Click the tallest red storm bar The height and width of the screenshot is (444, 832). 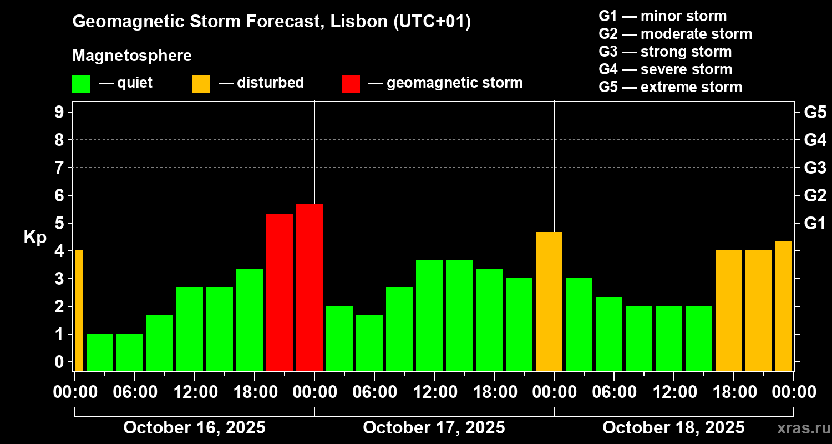tap(310, 287)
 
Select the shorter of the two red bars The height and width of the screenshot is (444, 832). tap(280, 292)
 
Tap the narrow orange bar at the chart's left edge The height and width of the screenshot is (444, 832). tap(79, 310)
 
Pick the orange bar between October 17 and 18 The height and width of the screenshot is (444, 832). tap(549, 301)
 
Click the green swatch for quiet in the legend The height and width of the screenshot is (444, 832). tap(81, 84)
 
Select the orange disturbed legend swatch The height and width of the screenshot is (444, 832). tap(201, 84)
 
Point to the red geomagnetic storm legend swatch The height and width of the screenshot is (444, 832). tap(351, 84)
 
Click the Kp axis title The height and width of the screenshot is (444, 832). tap(35, 237)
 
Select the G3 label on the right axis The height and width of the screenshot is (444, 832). tap(815, 168)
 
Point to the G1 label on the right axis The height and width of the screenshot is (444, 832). tap(815, 223)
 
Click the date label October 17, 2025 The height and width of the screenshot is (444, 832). tap(434, 428)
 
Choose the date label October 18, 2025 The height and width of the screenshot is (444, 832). tap(673, 428)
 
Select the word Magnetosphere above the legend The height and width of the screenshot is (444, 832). tap(132, 56)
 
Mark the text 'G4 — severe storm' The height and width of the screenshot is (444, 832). tap(666, 69)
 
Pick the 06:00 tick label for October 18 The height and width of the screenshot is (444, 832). tap(613, 392)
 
